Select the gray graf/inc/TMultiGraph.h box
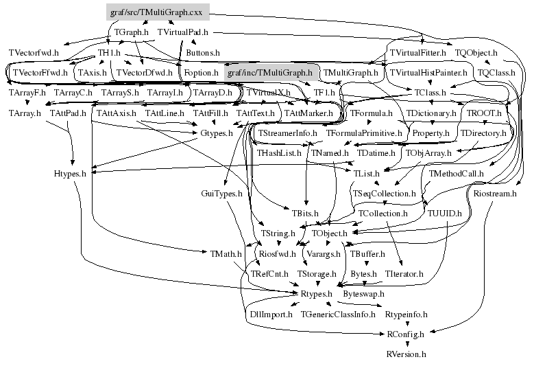269,72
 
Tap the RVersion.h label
406,354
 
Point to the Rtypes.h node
316,294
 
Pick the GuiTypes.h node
222,194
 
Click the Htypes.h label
69,174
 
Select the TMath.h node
224,254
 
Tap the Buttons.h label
203,52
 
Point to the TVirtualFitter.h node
417,52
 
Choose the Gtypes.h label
216,133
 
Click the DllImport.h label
269,314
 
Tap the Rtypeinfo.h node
406,314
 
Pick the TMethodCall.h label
457,174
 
